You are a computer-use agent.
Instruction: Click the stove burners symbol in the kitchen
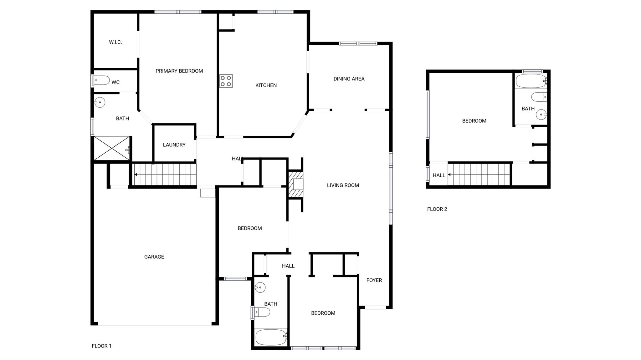(226, 81)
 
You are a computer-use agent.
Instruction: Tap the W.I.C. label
(115, 42)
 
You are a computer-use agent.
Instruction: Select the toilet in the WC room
(101, 80)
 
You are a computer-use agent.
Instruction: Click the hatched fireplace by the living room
(295, 185)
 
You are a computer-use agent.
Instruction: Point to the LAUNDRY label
(174, 145)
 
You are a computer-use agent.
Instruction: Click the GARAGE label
(154, 257)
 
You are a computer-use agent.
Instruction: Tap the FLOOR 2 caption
(437, 209)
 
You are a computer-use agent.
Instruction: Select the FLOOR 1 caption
(101, 346)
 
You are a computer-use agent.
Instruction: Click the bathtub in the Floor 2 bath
(531, 81)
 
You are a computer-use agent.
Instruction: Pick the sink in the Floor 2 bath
(541, 115)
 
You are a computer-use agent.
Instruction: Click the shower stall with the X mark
(112, 148)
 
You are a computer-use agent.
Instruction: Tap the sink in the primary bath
(100, 102)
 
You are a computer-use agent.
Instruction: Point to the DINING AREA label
(349, 79)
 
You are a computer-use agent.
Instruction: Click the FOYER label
(374, 280)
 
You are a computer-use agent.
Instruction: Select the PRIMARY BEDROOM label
(179, 71)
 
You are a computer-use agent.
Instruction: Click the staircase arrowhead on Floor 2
(449, 175)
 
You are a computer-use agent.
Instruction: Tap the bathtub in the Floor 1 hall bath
(270, 337)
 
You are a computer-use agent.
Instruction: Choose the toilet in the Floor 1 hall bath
(261, 312)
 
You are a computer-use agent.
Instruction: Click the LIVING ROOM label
(343, 185)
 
